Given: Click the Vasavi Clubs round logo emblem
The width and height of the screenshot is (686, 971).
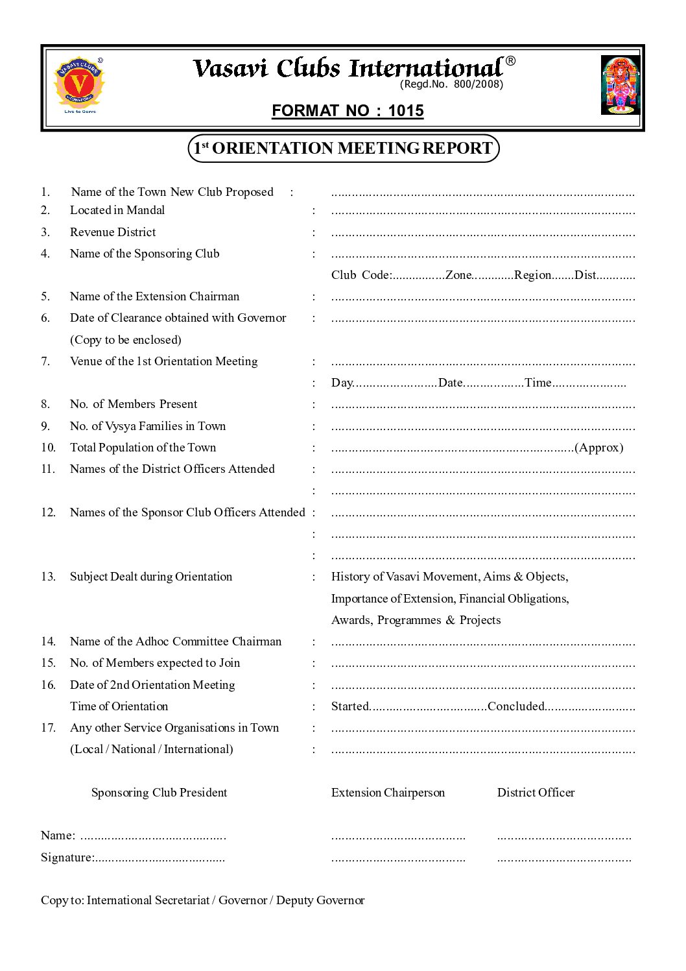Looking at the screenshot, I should tap(78, 83).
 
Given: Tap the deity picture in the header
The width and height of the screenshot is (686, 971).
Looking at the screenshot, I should tap(620, 85).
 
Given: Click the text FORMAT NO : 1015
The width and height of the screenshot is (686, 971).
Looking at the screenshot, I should tap(348, 111).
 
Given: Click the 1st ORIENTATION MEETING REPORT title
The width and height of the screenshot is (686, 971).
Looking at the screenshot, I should tap(343, 149).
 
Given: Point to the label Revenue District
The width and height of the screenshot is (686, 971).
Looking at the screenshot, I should tap(113, 232).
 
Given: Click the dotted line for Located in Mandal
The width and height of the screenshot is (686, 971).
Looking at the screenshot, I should tap(482, 211).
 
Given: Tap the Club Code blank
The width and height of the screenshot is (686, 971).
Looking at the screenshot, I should tap(418, 276).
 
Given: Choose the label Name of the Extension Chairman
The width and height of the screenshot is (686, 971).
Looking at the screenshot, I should tap(154, 296).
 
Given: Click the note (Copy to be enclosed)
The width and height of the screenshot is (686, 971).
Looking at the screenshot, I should tap(126, 340).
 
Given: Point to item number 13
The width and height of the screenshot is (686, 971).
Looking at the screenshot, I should tap(48, 577).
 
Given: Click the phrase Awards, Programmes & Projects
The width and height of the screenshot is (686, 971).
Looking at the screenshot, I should tap(416, 620).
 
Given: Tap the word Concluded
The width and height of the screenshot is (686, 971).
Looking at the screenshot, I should tap(515, 706).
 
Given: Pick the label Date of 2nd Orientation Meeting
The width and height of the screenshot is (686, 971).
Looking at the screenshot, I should tap(152, 685).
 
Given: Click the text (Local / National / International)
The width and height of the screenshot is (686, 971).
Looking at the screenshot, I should tap(152, 749).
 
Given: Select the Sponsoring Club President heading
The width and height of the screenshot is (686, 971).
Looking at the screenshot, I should tap(159, 793).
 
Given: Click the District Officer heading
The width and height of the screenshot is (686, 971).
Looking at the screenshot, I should tap(536, 793).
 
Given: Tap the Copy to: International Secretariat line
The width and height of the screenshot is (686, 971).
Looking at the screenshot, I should tap(202, 900).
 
